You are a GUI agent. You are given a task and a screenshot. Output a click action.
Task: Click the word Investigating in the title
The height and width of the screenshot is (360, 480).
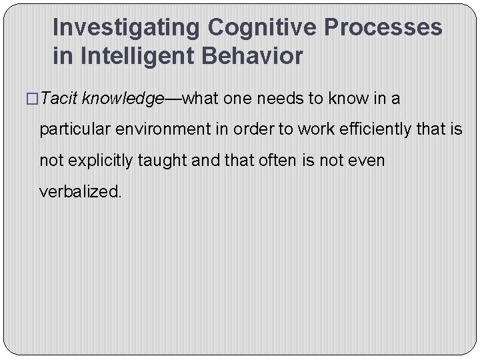coord(127,28)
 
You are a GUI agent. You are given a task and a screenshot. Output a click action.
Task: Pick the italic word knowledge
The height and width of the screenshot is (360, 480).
coord(123,99)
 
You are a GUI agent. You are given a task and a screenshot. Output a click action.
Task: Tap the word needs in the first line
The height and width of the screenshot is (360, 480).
coord(279,99)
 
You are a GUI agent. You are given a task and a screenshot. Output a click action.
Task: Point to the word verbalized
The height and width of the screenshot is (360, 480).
coord(81,191)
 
